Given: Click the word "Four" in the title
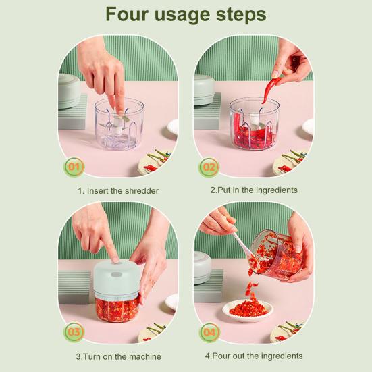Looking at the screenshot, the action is [x=127, y=14].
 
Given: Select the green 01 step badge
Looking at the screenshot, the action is [x=74, y=167].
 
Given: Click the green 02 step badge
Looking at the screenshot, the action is [x=209, y=167].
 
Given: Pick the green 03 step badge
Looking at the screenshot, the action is [x=74, y=331].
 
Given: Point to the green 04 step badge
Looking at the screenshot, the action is [x=210, y=332].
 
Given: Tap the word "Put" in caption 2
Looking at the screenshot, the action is [x=223, y=190].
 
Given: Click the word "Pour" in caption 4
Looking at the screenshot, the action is [x=221, y=356].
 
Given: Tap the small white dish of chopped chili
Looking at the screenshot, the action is [x=248, y=310].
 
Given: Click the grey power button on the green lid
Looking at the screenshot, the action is [x=117, y=275].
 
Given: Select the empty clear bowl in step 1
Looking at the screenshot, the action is [x=119, y=124].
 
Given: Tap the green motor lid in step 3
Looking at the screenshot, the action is [x=117, y=280].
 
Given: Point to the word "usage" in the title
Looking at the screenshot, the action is [x=182, y=16].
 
